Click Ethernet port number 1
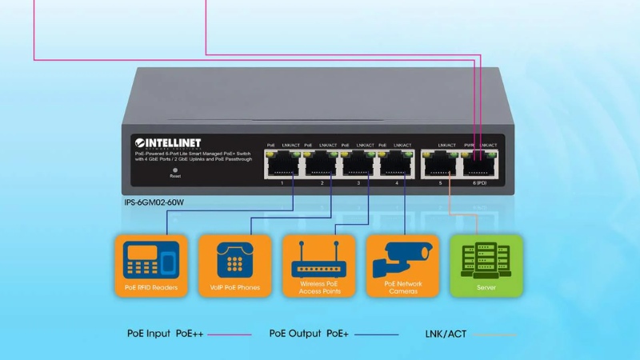(282, 165)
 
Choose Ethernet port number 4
(395, 165)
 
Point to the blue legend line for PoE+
(376, 334)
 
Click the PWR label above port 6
(469, 145)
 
